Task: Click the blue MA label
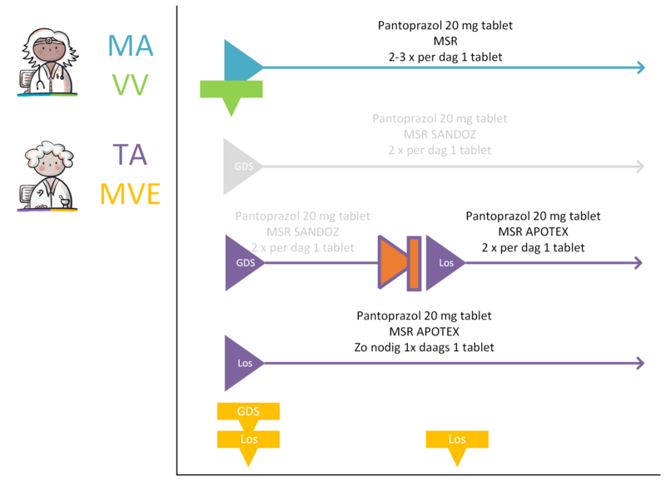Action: (x=131, y=46)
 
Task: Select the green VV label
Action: (x=130, y=85)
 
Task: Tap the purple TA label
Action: (x=130, y=155)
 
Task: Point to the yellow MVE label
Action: (x=130, y=194)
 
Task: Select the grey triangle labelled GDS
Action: (x=241, y=166)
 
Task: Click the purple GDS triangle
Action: (x=243, y=263)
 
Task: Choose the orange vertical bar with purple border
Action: (x=414, y=263)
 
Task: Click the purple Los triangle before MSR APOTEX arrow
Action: (x=444, y=263)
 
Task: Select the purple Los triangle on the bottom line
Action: (x=242, y=363)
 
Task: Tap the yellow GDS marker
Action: (x=248, y=414)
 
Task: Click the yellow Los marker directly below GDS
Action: (x=248, y=446)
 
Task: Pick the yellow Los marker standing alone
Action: (x=457, y=446)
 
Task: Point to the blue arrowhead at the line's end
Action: (x=641, y=67)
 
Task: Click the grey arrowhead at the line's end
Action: (x=640, y=166)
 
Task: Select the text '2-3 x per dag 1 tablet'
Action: (x=445, y=57)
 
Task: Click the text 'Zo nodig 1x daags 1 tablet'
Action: (x=424, y=347)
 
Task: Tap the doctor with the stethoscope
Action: (x=48, y=62)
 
